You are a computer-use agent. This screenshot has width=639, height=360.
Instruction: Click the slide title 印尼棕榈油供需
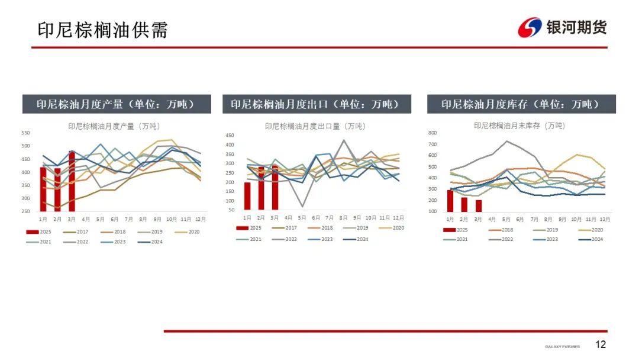pos(102,30)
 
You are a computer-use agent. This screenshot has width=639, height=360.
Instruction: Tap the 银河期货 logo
pos(562,27)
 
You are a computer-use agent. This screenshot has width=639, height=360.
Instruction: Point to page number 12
pos(601,345)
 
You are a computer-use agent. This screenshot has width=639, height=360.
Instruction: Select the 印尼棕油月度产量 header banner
pos(117,104)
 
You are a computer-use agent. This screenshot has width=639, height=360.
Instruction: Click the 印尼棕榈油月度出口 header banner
pos(319,104)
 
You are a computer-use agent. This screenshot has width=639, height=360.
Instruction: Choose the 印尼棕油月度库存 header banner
pos(521,104)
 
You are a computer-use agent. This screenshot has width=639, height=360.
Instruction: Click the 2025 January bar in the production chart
pos(43,189)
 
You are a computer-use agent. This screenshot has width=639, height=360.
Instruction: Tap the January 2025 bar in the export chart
pos(247,196)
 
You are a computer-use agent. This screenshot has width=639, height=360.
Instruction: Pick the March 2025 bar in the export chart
pos(275,188)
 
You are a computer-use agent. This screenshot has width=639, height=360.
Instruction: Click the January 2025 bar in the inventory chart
pos(450,201)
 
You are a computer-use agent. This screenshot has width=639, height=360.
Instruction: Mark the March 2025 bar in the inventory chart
pos(478,205)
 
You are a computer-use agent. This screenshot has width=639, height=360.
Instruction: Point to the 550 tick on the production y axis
pos(25,133)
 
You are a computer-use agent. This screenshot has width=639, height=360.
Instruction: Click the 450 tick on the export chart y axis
pos(230,136)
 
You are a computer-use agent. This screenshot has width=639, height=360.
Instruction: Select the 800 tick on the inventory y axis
pos(432,133)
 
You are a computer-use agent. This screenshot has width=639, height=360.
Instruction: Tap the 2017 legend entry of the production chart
pos(78,232)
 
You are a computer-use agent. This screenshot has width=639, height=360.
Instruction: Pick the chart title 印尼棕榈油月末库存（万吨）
pos(519,126)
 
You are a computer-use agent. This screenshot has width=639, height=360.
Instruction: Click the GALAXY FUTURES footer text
pos(562,346)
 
